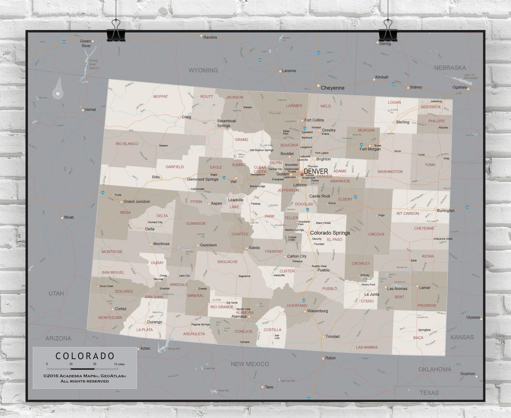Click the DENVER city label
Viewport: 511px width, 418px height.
[x=316, y=171]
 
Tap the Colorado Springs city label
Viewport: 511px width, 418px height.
[x=330, y=233]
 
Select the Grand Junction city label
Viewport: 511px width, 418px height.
[x=137, y=202]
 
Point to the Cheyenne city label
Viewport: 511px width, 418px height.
[x=332, y=88]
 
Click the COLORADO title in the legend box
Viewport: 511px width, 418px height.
[x=85, y=356]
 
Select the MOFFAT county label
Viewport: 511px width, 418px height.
[x=160, y=97]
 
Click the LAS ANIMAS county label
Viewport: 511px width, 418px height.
[x=366, y=347]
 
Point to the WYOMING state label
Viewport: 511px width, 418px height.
[x=203, y=71]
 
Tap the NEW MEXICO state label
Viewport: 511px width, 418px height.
[x=250, y=364]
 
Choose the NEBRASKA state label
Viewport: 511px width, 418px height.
[x=450, y=68]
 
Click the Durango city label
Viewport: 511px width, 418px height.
[x=154, y=322]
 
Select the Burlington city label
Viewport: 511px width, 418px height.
[x=446, y=210]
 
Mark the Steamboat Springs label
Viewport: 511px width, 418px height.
[x=226, y=123]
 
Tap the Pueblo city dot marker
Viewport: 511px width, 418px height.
[x=315, y=270]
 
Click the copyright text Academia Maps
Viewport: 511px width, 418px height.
[x=85, y=376]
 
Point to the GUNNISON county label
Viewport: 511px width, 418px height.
[x=196, y=224]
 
